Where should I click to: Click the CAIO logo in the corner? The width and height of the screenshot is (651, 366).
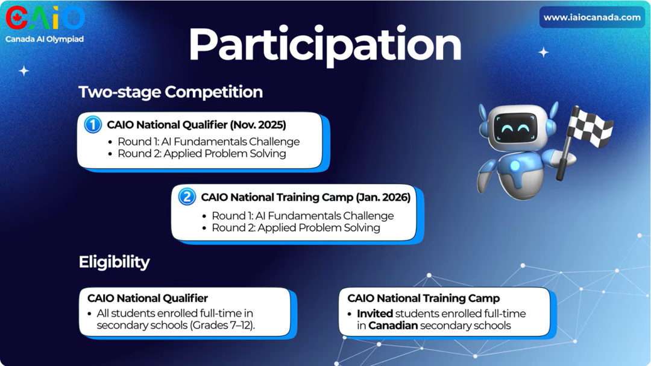click(x=45, y=18)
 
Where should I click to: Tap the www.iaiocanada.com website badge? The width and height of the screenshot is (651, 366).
click(x=592, y=17)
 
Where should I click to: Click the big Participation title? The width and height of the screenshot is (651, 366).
click(x=325, y=45)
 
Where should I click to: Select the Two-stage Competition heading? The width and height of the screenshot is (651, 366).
click(x=171, y=92)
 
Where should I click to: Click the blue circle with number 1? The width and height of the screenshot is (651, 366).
click(x=93, y=124)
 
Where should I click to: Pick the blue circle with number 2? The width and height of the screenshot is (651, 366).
click(x=187, y=197)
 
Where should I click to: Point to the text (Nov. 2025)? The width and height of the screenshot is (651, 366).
click(x=258, y=125)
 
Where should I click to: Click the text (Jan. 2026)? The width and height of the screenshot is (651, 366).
click(x=383, y=197)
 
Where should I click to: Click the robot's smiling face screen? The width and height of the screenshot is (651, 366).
click(x=515, y=128)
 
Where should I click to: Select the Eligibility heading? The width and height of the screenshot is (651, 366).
click(x=114, y=262)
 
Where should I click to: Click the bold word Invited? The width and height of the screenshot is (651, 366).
click(x=375, y=314)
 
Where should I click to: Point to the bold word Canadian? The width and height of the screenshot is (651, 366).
click(x=393, y=325)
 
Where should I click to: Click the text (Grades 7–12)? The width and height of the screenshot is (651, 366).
click(x=222, y=325)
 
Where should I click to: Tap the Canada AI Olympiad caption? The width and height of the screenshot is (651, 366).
click(x=45, y=39)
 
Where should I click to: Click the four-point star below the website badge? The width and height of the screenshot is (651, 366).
click(x=544, y=52)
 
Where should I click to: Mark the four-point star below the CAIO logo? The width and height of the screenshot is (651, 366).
click(x=24, y=71)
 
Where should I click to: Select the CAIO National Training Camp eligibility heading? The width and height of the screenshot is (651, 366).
click(x=424, y=298)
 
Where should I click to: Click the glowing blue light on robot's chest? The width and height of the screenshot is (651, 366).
click(x=515, y=165)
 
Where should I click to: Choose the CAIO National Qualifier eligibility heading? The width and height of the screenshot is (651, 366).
click(x=148, y=298)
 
